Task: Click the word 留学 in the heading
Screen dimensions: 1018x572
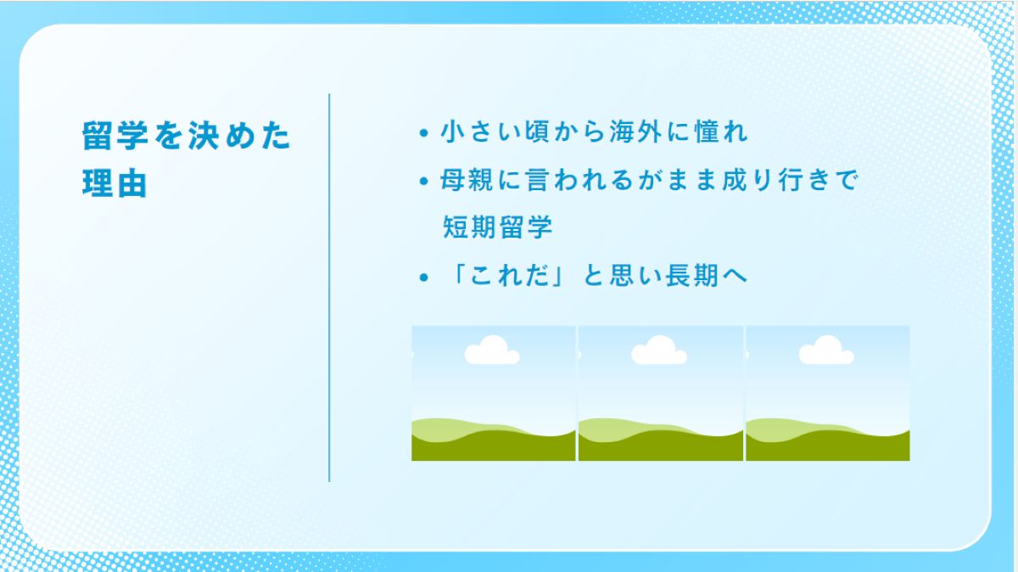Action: pos(115,136)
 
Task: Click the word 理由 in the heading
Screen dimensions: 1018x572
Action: pos(115,183)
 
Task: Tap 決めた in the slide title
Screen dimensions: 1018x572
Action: pos(239,136)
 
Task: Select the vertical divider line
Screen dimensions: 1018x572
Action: pos(329,288)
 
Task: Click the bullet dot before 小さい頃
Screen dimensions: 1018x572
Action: pos(424,133)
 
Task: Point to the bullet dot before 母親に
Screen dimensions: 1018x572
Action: pos(424,182)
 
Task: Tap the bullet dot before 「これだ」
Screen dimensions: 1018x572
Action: pos(424,278)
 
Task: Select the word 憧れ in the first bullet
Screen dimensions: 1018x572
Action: pos(721,132)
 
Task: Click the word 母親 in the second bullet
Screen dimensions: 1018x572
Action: pos(467,180)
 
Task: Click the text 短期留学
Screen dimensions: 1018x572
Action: pos(497,227)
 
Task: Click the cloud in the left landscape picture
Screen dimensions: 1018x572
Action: pos(492,350)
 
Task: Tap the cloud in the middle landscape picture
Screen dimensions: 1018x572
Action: pos(659,350)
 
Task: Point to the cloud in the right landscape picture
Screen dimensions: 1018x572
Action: pos(826,350)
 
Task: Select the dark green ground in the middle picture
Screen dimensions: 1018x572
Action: pos(660,448)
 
